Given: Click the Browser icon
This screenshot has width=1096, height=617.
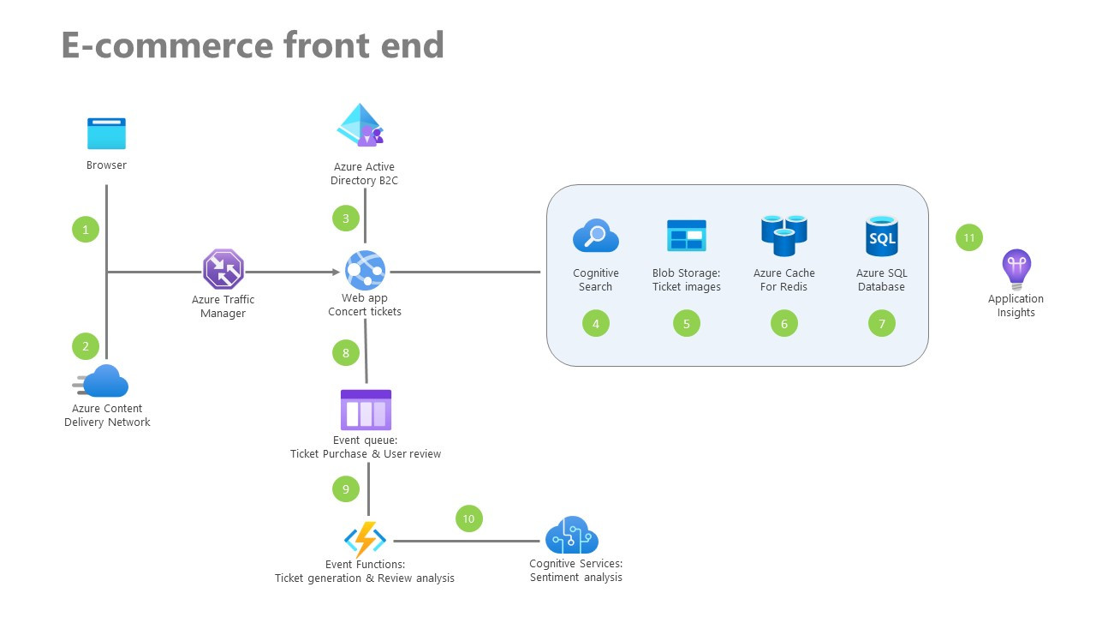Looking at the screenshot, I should [x=106, y=135].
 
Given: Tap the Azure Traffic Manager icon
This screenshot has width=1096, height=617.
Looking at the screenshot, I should [x=223, y=269].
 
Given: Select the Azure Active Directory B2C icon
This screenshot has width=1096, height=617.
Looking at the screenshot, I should [x=360, y=126].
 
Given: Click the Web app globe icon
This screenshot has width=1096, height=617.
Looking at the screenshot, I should [x=366, y=271].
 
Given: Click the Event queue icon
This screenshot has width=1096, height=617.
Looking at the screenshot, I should [x=366, y=410].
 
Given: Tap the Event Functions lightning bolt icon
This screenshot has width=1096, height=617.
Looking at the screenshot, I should [x=365, y=540].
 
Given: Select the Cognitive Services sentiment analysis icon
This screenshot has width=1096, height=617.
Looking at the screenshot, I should [x=572, y=536].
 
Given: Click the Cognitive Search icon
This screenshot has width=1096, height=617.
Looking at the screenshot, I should [x=595, y=236].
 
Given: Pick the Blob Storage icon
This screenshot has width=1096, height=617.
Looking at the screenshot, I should [x=686, y=236].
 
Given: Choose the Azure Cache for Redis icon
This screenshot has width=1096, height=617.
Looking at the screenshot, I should [x=783, y=235].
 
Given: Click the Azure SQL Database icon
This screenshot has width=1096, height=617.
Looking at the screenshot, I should [x=881, y=236].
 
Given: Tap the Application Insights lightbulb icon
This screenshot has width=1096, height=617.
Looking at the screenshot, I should [x=1016, y=269].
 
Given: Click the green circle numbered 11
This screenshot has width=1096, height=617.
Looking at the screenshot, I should [x=969, y=237].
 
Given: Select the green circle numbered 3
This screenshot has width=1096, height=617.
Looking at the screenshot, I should [x=346, y=218].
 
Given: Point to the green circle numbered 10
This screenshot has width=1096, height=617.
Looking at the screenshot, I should [x=468, y=518].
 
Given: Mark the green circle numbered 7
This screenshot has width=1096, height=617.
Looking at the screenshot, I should [x=882, y=323].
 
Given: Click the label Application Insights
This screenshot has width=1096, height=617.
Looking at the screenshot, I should [x=1016, y=305].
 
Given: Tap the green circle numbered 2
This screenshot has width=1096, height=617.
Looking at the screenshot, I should [x=86, y=346].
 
